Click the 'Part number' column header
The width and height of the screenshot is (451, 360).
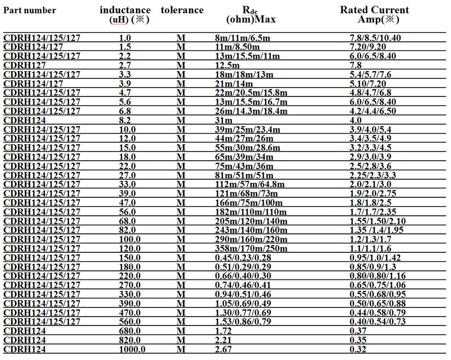(30, 11)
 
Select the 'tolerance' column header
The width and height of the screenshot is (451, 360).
(182, 11)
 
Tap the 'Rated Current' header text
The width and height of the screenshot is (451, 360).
(375, 10)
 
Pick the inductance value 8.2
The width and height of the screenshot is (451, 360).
(125, 120)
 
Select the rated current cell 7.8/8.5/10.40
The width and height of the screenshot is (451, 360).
(375, 38)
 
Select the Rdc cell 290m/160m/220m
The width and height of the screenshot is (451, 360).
(249, 239)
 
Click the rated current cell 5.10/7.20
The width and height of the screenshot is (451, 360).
(368, 83)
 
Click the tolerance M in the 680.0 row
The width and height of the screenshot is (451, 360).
(180, 330)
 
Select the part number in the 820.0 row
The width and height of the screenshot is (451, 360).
(24, 340)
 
